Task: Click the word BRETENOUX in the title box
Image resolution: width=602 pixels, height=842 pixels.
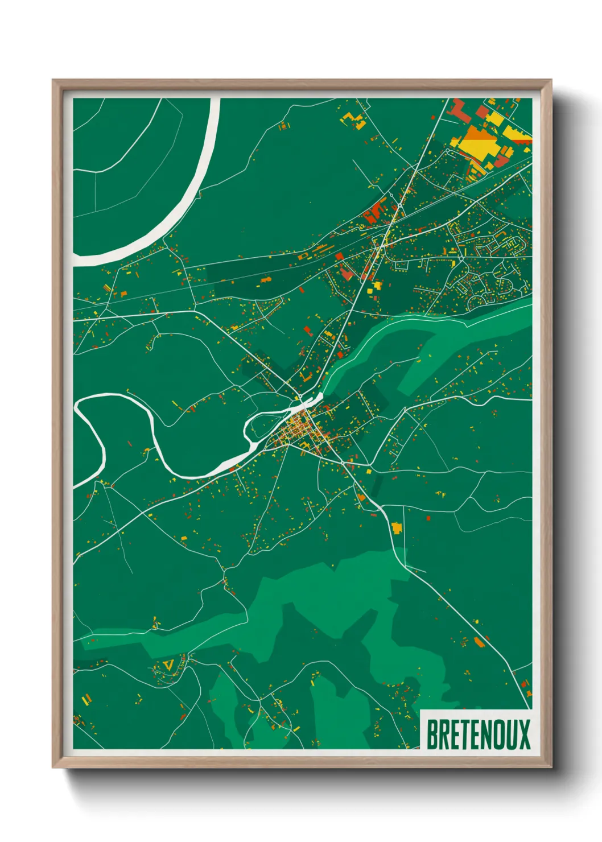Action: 477,734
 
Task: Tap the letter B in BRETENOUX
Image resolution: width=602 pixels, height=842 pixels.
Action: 432,734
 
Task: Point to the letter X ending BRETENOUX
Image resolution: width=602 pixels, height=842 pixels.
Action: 523,734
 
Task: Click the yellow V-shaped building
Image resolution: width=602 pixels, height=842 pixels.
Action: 167,664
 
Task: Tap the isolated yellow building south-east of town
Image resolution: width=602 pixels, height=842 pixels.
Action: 397,528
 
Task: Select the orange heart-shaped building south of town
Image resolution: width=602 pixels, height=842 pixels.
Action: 361,498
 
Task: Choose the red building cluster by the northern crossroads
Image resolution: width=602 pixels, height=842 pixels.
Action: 374,213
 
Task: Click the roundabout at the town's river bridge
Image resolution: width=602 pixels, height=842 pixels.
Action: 299,397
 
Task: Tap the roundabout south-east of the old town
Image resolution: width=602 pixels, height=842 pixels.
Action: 344,464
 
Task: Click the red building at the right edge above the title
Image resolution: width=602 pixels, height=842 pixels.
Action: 529,693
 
